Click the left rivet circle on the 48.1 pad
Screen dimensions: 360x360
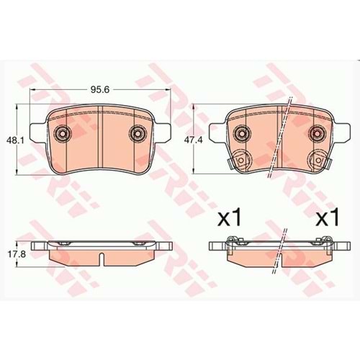click(x=63, y=133)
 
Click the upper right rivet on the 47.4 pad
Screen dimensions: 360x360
click(x=318, y=133)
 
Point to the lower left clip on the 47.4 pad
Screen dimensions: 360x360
click(x=238, y=163)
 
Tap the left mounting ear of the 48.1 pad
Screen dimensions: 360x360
click(x=40, y=133)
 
